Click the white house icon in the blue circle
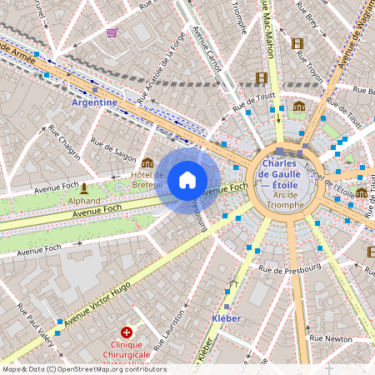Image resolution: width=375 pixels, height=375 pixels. (187, 179)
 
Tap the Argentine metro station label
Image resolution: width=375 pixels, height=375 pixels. (94, 102)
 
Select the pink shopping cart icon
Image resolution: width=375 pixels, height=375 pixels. (112, 32)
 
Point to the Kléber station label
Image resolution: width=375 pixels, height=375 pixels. (226, 318)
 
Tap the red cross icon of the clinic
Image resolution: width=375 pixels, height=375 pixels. (127, 332)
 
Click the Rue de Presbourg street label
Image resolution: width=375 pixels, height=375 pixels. (289, 269)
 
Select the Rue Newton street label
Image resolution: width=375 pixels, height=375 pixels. (331, 338)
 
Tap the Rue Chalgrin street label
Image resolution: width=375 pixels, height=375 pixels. (64, 141)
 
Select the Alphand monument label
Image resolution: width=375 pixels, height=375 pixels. (83, 200)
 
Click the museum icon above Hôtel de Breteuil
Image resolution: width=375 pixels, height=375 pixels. (147, 162)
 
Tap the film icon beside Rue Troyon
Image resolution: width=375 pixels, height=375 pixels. (297, 43)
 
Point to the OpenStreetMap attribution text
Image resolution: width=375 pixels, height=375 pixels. (83, 369)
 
